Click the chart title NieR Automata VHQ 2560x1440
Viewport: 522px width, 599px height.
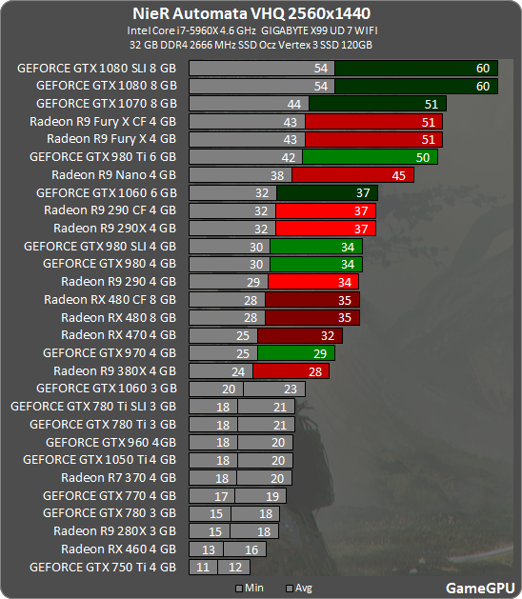click(261, 14)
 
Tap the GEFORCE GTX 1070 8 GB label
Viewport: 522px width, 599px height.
click(107, 103)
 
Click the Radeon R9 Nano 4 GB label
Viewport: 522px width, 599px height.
click(114, 175)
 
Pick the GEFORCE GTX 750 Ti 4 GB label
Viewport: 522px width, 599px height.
click(103, 567)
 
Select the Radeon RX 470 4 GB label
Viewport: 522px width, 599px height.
click(118, 335)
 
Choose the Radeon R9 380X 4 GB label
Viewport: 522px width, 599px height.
click(114, 370)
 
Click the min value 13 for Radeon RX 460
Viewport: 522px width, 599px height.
click(207, 549)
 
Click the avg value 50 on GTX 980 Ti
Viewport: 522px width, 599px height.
click(421, 157)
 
